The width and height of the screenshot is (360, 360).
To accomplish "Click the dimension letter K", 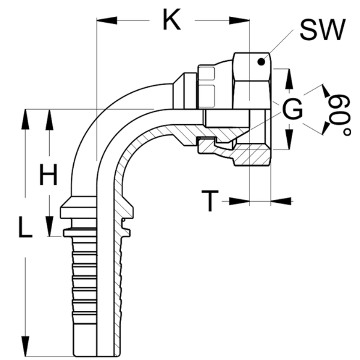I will pos(172,21).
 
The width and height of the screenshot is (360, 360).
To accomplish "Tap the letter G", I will pos(293,110).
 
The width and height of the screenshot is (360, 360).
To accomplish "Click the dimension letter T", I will pos(209,201).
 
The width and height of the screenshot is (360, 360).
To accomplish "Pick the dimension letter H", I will pos(48,176).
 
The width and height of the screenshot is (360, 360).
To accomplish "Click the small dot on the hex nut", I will pos(260,61).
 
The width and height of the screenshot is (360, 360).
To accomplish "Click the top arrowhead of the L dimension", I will pos(25,118).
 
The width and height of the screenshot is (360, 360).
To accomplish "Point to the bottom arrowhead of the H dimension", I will pos(49,229).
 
